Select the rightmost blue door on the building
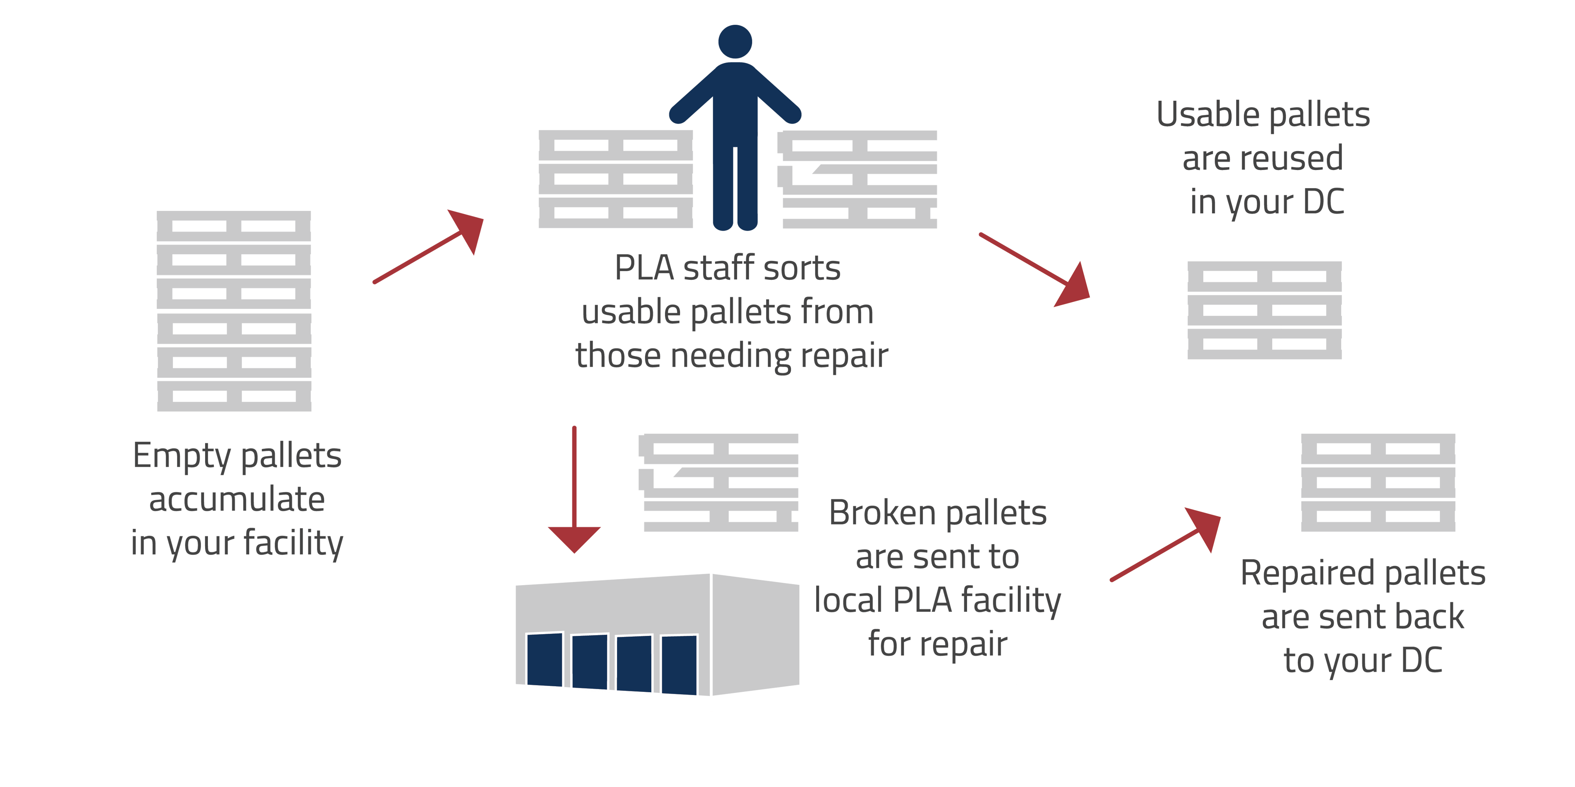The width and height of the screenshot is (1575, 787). pyautogui.click(x=679, y=665)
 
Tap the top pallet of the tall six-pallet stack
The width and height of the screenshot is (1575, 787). pyautogui.click(x=234, y=226)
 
